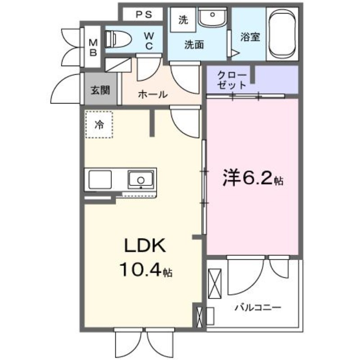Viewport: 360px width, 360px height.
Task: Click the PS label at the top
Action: pos(144,14)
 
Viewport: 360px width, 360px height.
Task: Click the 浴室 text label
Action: pos(250,37)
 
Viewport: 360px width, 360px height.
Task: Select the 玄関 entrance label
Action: pos(100,90)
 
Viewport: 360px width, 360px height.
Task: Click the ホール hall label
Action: pos(153,94)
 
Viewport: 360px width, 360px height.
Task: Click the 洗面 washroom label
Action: pos(194,45)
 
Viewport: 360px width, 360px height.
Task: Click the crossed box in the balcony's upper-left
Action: pos(215,283)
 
